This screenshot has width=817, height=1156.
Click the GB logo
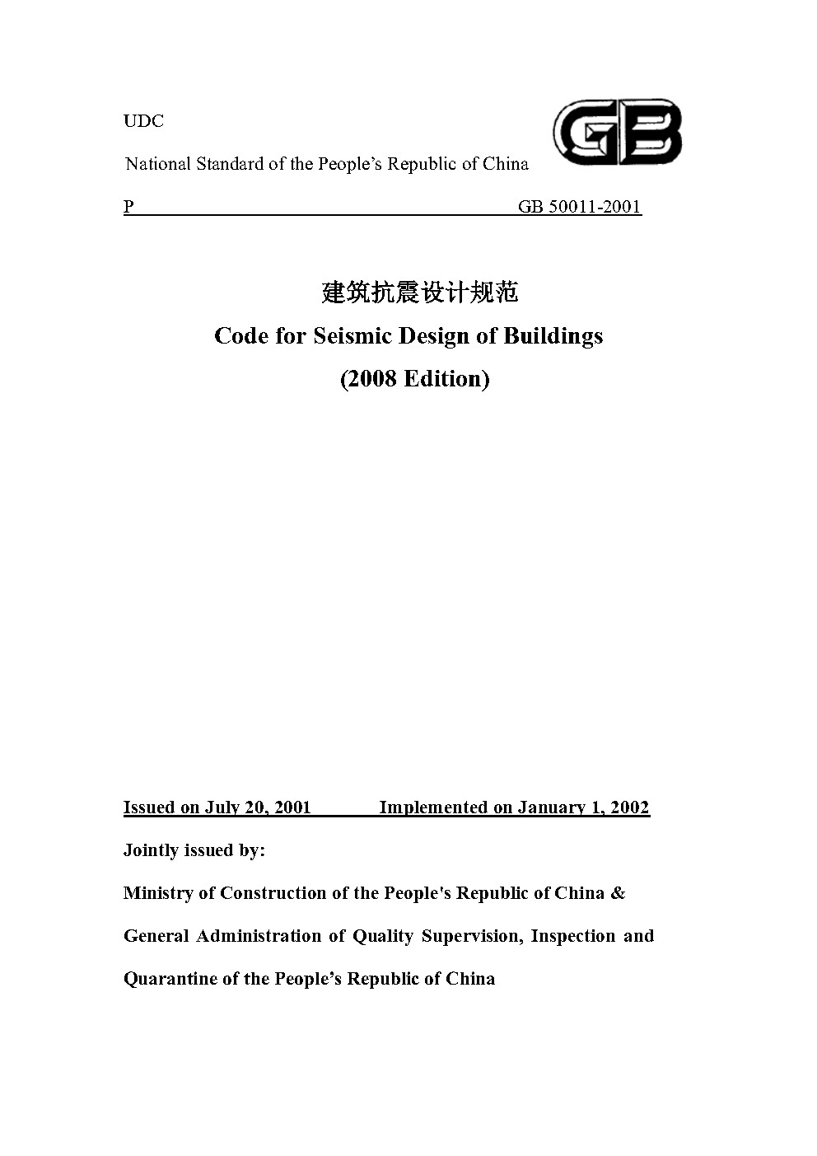(x=617, y=132)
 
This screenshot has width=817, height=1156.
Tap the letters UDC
(x=143, y=121)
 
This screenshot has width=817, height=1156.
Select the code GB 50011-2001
(x=579, y=207)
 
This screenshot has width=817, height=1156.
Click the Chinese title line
(x=419, y=292)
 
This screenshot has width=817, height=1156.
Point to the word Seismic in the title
(x=352, y=336)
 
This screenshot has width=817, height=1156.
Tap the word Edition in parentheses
(x=445, y=379)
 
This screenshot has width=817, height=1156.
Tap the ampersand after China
(x=618, y=893)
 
